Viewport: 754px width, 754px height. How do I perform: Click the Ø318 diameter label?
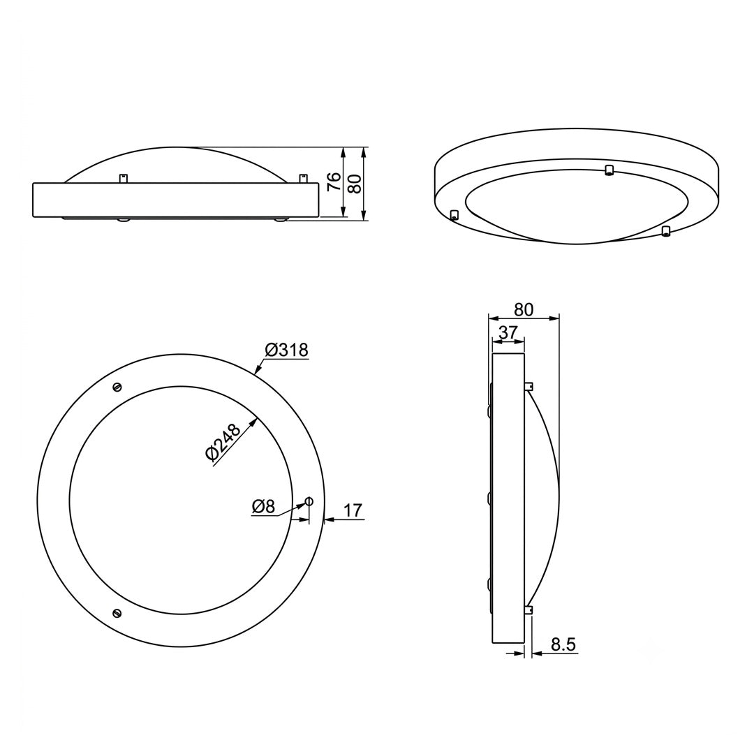pos(286,350)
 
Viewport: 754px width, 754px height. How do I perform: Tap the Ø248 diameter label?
pos(223,442)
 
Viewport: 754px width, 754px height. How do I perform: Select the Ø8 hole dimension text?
pos(263,506)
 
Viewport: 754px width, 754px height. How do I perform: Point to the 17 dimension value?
pos(353,510)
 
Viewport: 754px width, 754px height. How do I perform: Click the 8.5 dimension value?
pos(563,644)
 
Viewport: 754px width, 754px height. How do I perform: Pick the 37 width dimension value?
pos(508,332)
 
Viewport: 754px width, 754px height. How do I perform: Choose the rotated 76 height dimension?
pos(334,182)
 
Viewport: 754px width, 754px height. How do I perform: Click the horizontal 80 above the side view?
pos(524,309)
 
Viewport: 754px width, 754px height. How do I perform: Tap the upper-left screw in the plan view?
pos(117,387)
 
